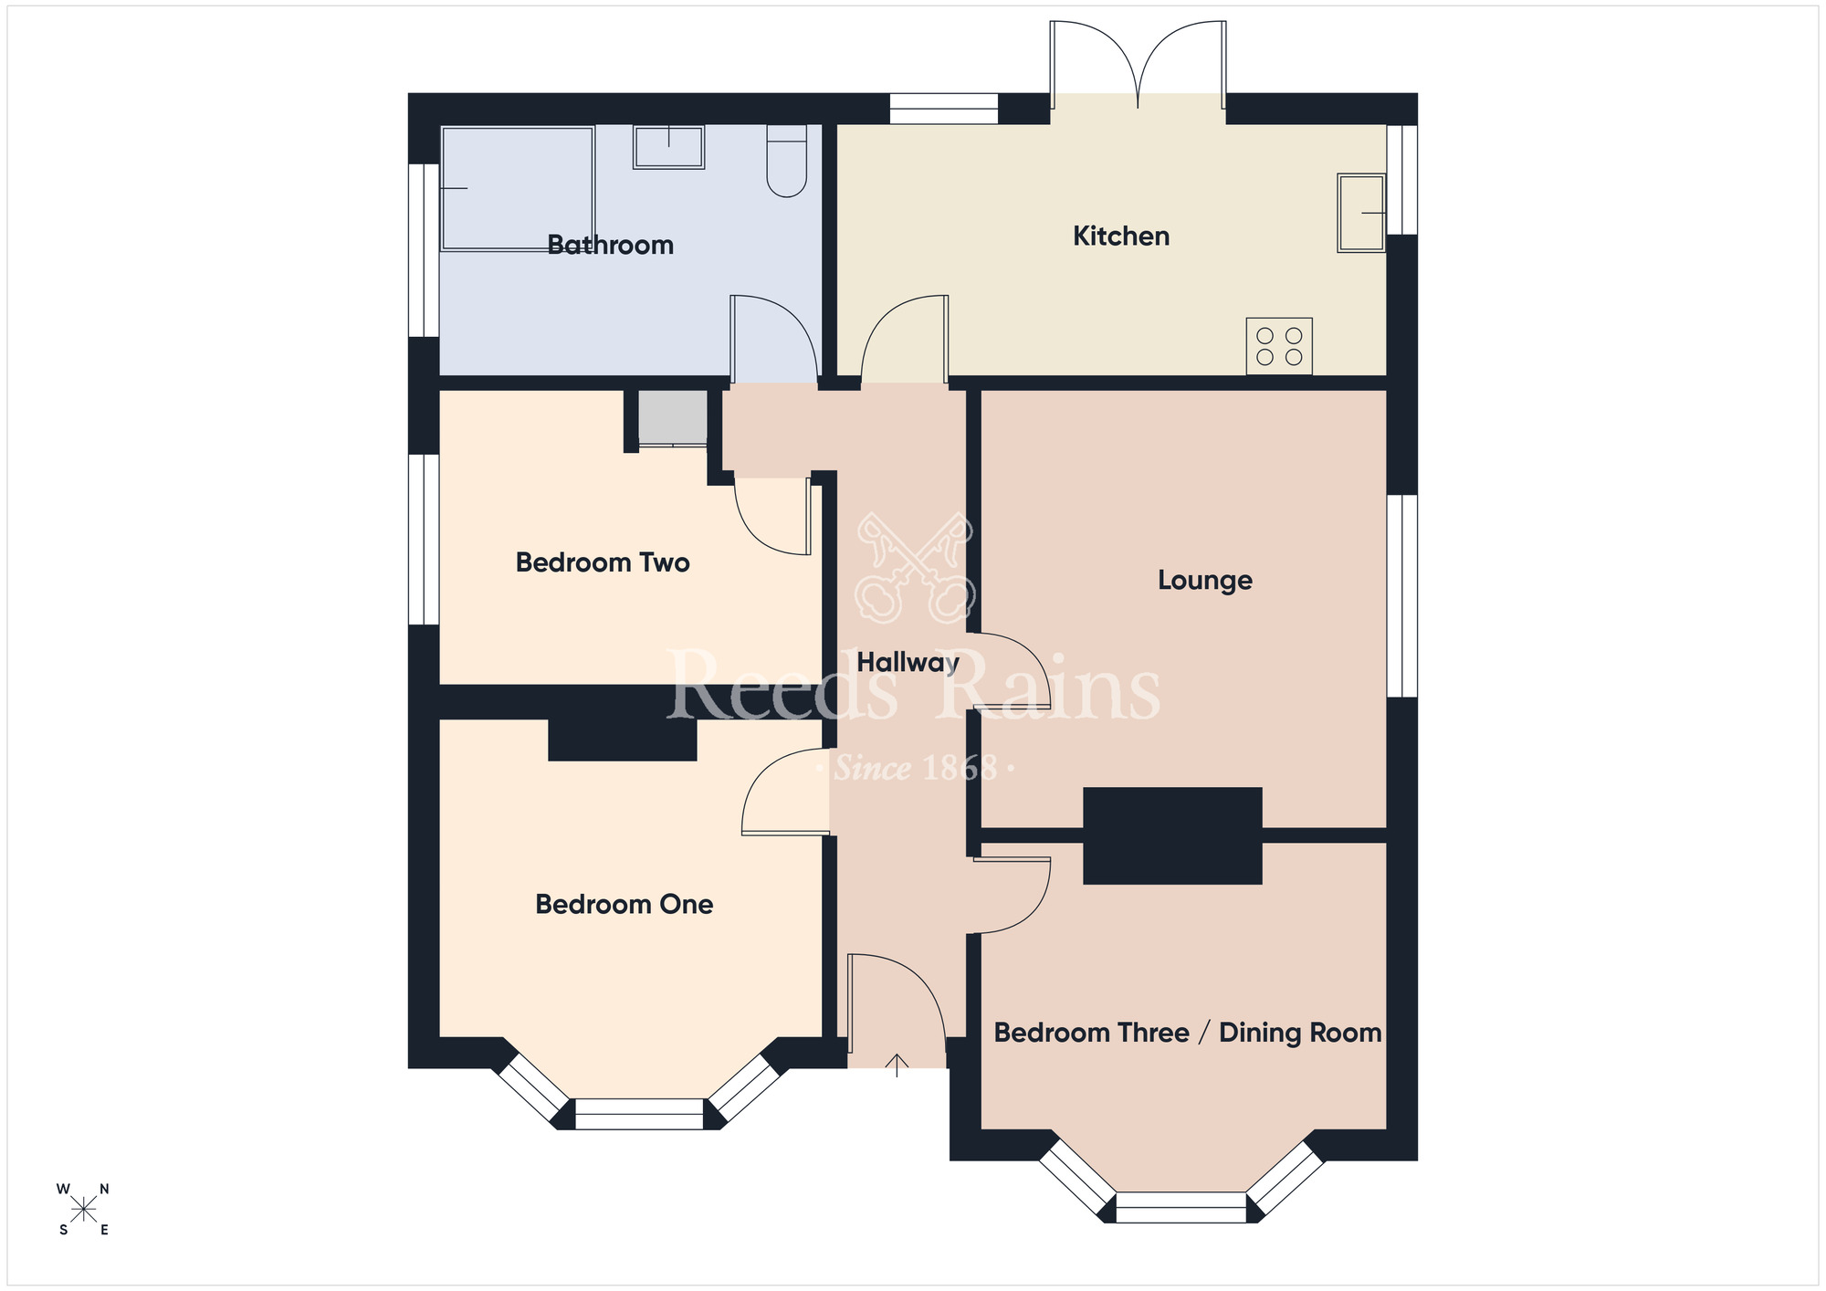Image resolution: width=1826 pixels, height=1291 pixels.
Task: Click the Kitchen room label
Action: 1120,236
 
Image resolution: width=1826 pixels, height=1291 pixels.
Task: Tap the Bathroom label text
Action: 610,245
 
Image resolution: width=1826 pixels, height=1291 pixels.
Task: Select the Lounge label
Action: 1204,581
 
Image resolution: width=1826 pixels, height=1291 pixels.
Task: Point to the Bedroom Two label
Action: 603,562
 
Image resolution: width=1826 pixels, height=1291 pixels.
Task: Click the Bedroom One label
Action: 624,905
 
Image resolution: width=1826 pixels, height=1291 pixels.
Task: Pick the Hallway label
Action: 908,663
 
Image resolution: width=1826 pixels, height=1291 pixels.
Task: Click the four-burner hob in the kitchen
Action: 1279,346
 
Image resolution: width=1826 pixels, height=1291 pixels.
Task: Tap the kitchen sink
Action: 1361,213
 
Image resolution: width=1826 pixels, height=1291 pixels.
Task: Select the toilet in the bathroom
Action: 786,162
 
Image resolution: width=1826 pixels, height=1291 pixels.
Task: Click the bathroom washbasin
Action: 668,147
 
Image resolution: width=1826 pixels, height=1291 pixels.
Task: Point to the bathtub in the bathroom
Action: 517,188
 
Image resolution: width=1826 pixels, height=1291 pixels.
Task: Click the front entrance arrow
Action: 897,1065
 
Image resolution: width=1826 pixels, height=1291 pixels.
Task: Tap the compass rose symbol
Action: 83,1210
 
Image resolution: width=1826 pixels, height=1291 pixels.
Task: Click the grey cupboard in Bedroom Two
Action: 672,417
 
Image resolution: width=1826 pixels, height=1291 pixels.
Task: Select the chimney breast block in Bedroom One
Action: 622,740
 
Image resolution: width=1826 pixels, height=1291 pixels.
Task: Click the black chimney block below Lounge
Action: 1172,835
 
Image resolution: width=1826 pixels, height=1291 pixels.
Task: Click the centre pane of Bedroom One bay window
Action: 639,1114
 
